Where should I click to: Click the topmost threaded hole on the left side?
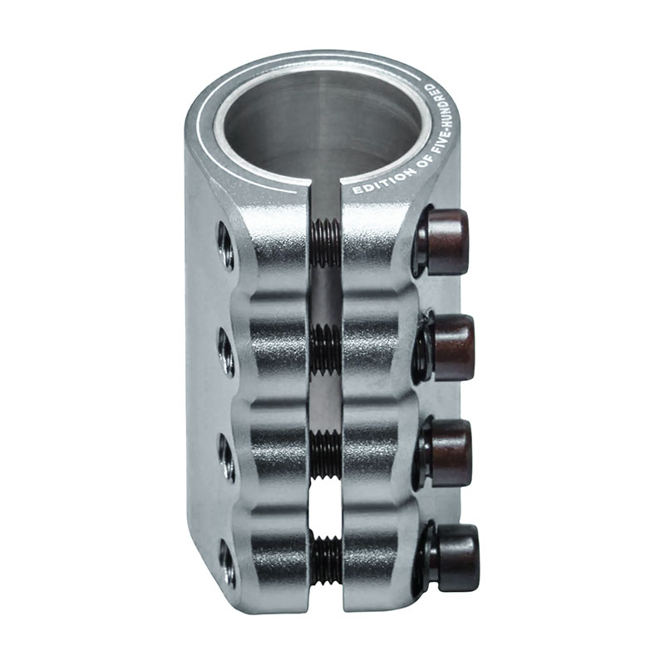tap(225, 246)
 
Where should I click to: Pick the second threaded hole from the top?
tap(226, 352)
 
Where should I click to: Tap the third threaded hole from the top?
tap(227, 458)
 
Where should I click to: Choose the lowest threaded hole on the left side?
tap(227, 563)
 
